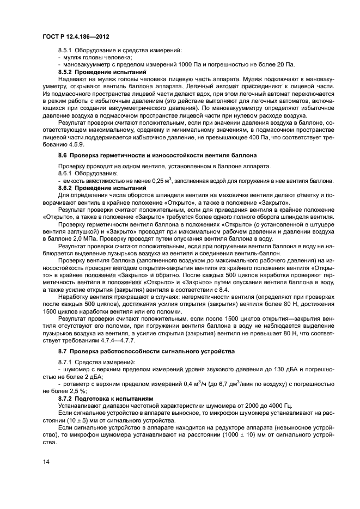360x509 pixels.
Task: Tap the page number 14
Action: tap(45, 462)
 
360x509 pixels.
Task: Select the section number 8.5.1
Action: tap(66, 51)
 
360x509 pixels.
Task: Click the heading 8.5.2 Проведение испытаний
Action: tap(94, 71)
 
